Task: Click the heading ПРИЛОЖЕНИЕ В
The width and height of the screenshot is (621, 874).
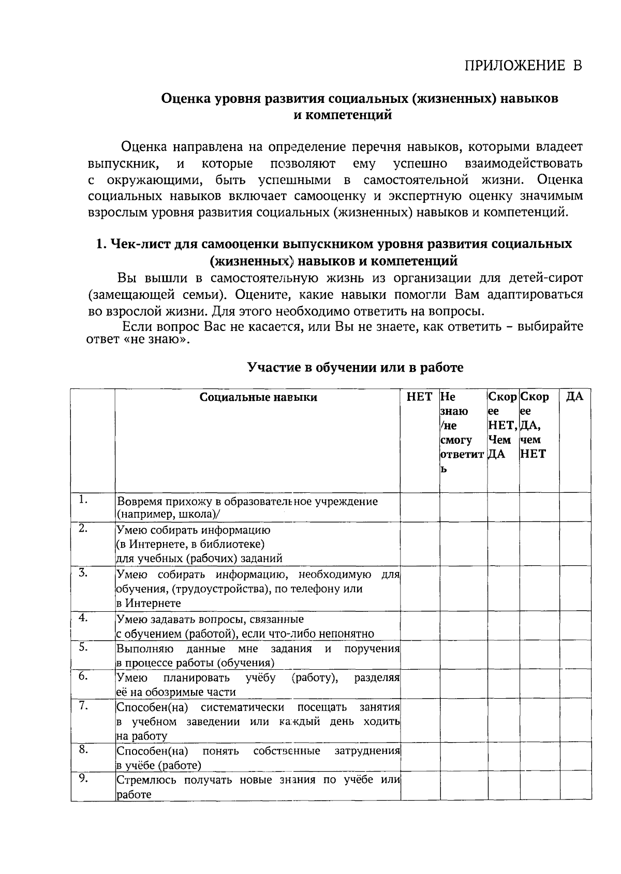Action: [523, 66]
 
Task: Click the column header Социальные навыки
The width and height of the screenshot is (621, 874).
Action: [258, 397]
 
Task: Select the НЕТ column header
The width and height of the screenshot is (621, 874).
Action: [419, 397]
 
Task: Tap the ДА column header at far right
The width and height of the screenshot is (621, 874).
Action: [575, 397]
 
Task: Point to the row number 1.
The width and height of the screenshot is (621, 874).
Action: [83, 500]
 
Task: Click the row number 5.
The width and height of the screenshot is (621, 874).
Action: [83, 647]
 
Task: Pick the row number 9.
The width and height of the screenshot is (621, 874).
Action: [83, 779]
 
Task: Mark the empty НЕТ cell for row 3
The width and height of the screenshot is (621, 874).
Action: [420, 588]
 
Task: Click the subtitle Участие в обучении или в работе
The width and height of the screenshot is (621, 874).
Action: [355, 368]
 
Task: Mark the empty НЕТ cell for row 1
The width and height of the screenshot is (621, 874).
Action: [420, 507]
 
